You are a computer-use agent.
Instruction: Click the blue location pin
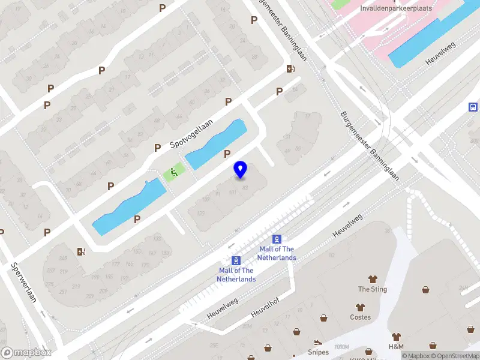(241, 170)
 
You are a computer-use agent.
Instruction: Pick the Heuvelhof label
(266, 305)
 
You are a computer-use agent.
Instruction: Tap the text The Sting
(373, 289)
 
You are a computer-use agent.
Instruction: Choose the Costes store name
(361, 317)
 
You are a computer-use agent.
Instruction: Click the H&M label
(396, 347)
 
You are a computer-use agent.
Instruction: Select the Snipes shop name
(319, 352)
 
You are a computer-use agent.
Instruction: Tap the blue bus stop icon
(473, 107)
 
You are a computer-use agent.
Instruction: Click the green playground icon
(173, 173)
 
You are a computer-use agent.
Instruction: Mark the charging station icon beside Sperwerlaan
(81, 251)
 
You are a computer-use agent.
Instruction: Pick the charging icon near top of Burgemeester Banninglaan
(290, 69)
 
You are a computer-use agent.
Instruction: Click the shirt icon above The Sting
(373, 279)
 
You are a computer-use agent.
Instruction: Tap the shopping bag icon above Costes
(361, 307)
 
